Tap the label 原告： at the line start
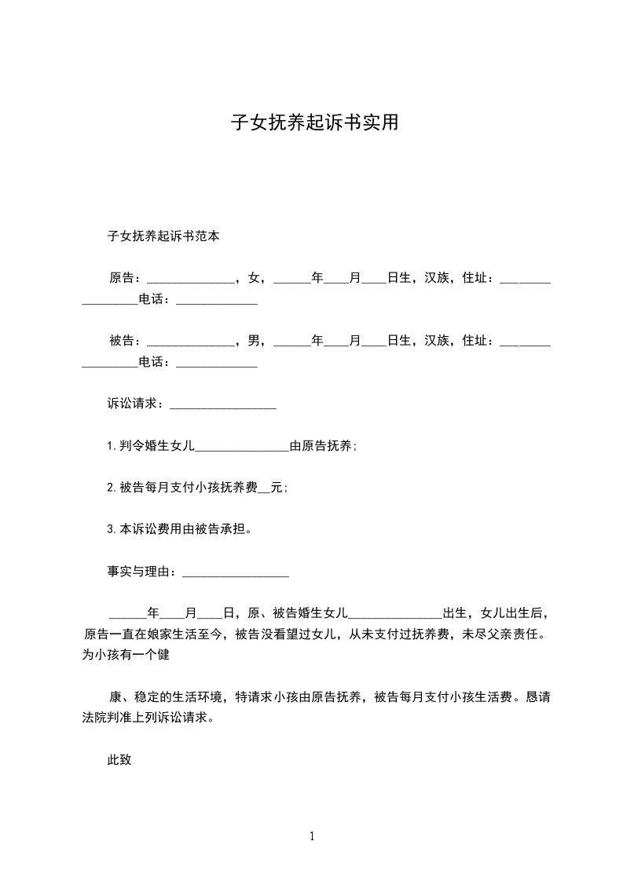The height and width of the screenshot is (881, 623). [125, 277]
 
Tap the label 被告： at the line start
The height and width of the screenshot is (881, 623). [125, 341]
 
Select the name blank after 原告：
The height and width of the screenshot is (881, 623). [191, 279]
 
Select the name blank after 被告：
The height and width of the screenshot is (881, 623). [191, 342]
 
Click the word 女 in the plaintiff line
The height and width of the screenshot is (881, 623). [254, 277]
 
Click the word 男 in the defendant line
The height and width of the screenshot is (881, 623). [254, 341]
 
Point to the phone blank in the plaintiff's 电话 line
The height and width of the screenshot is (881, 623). [217, 300]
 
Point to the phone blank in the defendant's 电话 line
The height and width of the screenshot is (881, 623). [217, 364]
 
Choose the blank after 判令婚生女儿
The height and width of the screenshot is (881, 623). [242, 447]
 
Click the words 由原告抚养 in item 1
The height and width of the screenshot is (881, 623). [322, 446]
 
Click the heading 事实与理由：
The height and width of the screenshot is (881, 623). [144, 572]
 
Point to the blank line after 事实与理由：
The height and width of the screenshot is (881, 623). [236, 574]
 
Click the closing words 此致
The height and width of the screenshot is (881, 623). [119, 760]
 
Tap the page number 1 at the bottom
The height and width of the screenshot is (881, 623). [312, 837]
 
